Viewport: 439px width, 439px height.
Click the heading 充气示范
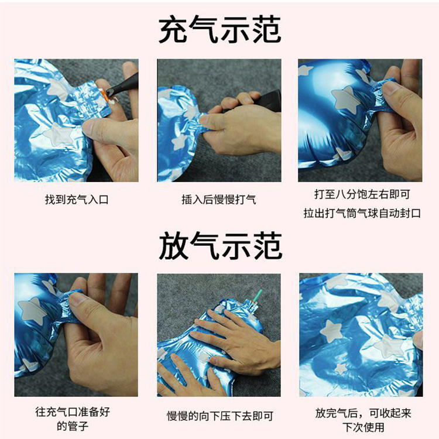click(x=220, y=29)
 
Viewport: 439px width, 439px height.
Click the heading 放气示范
click(x=220, y=246)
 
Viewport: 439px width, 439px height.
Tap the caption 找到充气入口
click(x=77, y=200)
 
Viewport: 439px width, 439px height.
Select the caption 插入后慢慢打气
click(x=219, y=200)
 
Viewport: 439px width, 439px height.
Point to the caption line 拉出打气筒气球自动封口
click(x=361, y=213)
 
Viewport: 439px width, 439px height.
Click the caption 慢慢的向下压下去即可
click(x=220, y=416)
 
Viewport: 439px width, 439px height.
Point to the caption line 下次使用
click(x=361, y=427)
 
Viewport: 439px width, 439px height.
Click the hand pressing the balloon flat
click(x=234, y=339)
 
